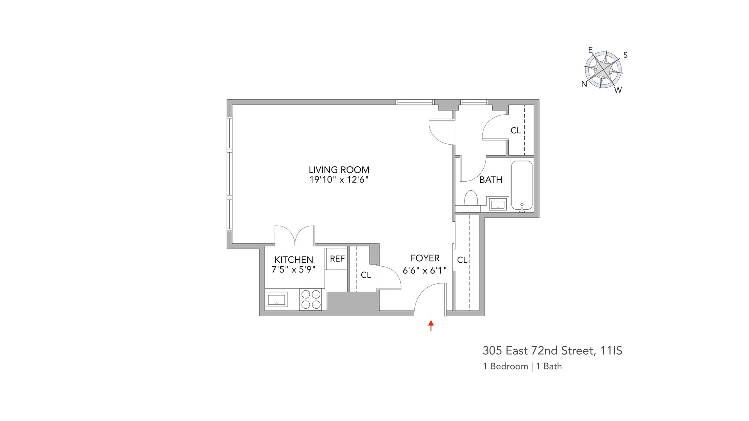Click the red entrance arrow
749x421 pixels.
click(431, 325)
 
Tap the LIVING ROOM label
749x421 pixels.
click(339, 170)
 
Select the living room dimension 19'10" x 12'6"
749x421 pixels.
click(339, 180)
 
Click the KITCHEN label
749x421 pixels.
click(294, 260)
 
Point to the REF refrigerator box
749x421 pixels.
click(337, 259)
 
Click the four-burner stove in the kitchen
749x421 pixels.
click(311, 299)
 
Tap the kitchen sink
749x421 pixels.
click(277, 300)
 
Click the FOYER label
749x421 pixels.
click(425, 258)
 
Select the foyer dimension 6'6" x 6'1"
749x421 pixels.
click(425, 270)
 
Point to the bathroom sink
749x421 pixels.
click(498, 204)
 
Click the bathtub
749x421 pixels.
click(522, 185)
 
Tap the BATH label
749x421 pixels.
click(491, 180)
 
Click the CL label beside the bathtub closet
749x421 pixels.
click(516, 131)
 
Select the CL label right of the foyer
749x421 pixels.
click(462, 260)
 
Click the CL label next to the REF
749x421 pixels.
click(366, 275)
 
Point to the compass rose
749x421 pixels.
click(603, 70)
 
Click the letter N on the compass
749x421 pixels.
click(584, 84)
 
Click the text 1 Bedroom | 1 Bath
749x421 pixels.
click(522, 366)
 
